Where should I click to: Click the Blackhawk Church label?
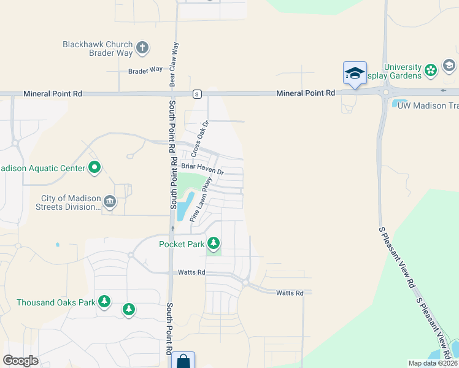click(98, 44)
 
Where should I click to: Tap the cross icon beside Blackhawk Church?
click(142, 47)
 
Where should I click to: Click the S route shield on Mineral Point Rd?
click(196, 94)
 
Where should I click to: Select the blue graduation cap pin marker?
click(355, 74)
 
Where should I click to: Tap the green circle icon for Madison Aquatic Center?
click(94, 167)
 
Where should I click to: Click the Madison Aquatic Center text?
click(42, 169)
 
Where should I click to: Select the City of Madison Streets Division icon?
click(110, 201)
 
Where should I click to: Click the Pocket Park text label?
click(180, 244)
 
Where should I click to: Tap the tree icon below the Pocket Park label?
click(214, 244)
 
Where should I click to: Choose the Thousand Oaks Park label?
click(56, 302)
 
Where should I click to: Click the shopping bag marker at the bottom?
click(183, 361)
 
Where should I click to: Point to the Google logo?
click(21, 361)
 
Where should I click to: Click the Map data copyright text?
click(432, 363)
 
